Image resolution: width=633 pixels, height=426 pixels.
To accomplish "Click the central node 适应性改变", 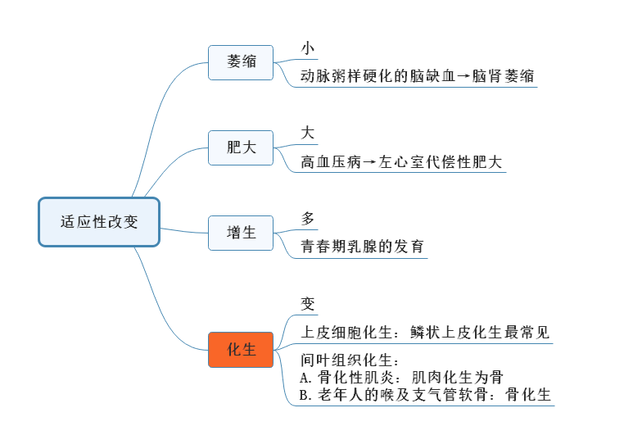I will tap(99, 222).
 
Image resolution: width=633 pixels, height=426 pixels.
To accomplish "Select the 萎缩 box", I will tap(241, 62).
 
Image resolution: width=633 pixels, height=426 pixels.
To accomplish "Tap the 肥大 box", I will tap(241, 147).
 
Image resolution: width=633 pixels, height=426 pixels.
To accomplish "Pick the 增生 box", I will tap(241, 233).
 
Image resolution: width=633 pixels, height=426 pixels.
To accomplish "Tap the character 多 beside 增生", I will tap(308, 219).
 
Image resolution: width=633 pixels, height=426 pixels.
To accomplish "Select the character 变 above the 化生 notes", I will tap(308, 304).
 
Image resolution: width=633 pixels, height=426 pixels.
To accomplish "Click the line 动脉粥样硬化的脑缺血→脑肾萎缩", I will tap(418, 77).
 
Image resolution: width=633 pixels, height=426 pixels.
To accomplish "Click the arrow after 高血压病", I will tap(370, 162).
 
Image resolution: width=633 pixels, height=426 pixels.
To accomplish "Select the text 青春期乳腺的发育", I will tap(363, 247).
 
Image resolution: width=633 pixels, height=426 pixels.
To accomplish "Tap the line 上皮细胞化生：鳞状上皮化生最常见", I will tap(425, 333).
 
